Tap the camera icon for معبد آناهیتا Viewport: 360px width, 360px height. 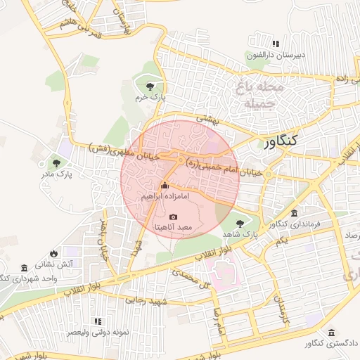coord(174,217)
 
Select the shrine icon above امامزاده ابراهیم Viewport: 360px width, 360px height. coord(165,186)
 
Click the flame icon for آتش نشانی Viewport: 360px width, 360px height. coord(54,253)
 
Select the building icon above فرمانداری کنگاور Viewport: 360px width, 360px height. coord(294,213)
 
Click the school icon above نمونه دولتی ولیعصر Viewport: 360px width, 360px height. coord(97,321)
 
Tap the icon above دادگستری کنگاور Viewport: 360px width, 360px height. coord(331,333)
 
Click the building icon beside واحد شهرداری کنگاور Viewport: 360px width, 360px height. coord(24,268)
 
